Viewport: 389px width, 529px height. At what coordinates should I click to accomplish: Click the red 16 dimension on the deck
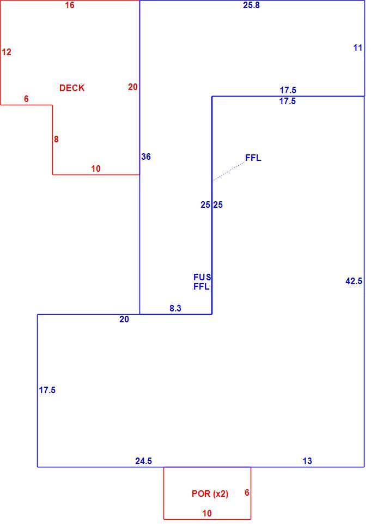coord(70,5)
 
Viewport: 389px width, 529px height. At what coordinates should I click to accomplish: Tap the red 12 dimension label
coord(7,52)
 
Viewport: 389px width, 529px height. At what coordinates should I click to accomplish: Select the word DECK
coord(72,88)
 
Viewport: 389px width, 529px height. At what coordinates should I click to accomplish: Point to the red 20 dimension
coord(133,87)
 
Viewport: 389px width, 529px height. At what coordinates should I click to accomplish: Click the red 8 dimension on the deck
coord(56,139)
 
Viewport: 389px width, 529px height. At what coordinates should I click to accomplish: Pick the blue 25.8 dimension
coord(252,5)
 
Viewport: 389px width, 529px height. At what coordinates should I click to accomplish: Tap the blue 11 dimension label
coord(357,47)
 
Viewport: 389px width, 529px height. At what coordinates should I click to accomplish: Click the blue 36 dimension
coord(146,157)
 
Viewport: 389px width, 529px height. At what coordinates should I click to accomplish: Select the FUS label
coord(202,277)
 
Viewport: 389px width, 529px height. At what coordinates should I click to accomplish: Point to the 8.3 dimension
coord(175,308)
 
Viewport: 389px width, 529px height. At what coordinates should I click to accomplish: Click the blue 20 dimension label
coord(124,319)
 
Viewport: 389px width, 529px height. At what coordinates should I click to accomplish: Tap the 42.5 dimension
coord(354,281)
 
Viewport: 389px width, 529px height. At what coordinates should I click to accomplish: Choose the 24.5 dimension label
coord(144,461)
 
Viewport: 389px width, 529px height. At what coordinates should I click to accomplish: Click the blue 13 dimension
coord(307,461)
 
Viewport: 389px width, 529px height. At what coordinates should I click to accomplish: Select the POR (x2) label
coord(210,494)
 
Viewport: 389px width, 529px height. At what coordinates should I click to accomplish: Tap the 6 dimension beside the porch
coord(247,492)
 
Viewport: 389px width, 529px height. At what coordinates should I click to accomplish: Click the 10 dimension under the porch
coord(207,513)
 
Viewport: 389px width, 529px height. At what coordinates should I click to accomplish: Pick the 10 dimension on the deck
coord(96,169)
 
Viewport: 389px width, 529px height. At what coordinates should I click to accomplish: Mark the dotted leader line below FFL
coord(229,171)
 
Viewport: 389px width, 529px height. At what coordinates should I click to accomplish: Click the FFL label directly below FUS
coord(201,286)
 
